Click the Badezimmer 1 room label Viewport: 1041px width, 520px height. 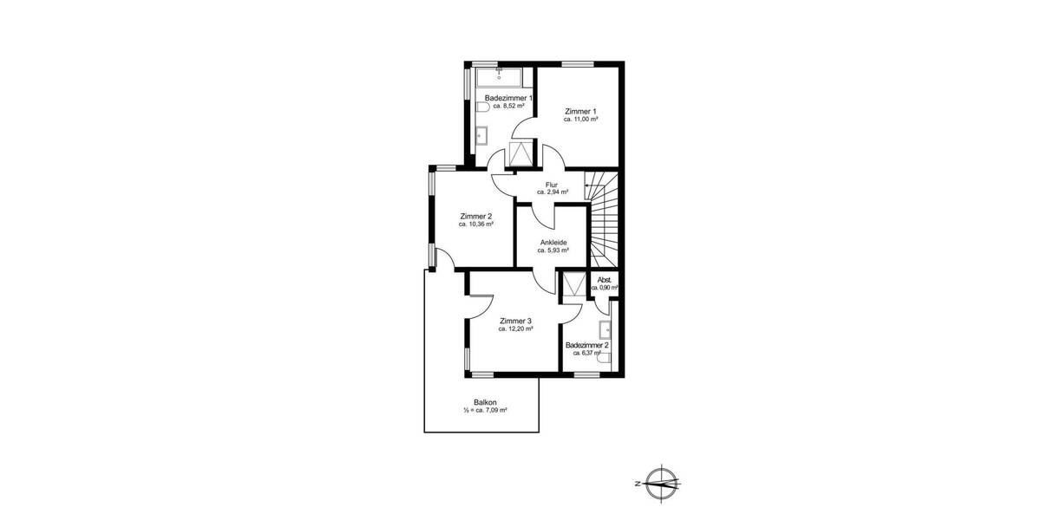pos(508,99)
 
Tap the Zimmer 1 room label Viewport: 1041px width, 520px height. pos(580,111)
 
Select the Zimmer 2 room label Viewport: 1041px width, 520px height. pos(476,216)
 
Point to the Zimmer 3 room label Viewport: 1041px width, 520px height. pos(515,322)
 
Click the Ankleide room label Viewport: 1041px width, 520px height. pos(553,242)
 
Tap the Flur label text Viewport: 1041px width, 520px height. pos(552,185)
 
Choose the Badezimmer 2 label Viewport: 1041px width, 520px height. pos(586,345)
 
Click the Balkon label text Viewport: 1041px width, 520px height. pos(485,402)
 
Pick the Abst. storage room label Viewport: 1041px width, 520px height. pos(605,279)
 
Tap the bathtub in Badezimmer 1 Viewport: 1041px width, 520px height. pos(499,77)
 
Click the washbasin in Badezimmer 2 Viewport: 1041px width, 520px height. pos(606,328)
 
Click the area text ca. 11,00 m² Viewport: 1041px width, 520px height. pos(580,120)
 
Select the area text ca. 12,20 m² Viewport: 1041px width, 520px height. pos(515,329)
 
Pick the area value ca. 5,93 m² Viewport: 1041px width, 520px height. pos(553,250)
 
